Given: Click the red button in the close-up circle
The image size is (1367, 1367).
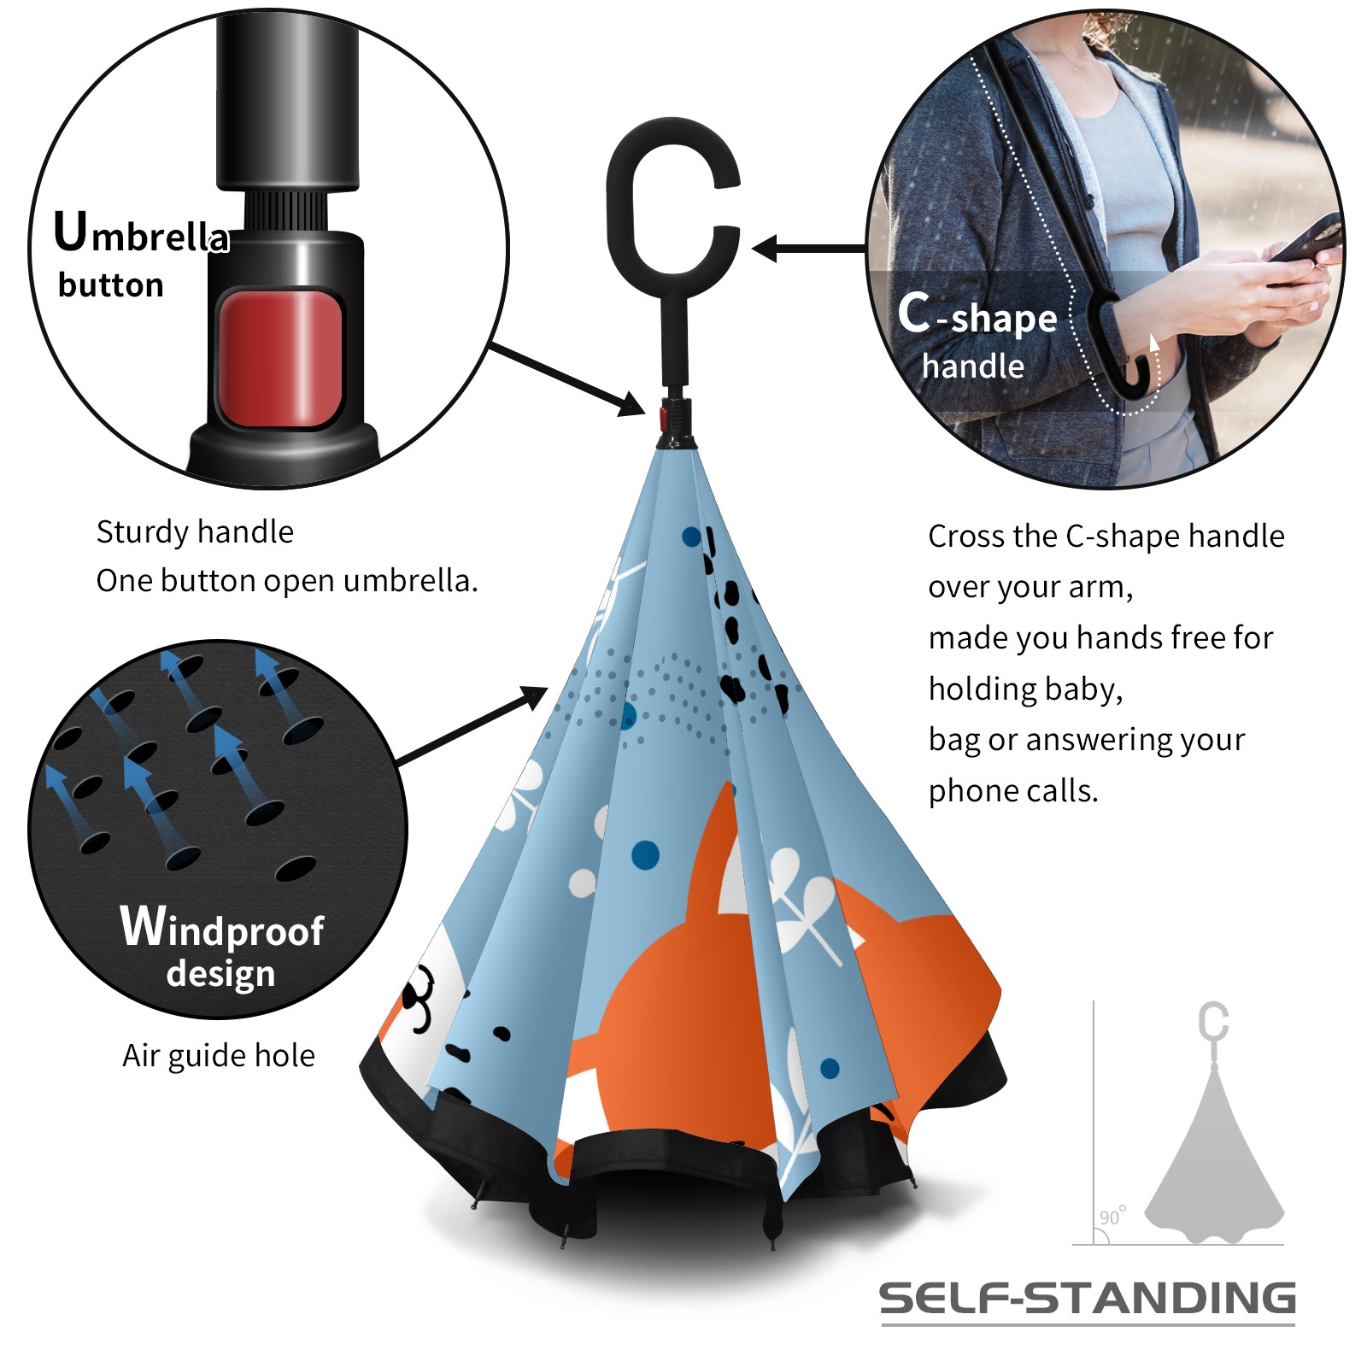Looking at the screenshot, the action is click(x=280, y=358).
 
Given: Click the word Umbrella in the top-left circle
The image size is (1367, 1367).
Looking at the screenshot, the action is click(x=142, y=232).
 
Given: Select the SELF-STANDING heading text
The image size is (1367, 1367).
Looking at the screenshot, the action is click(x=1088, y=1298).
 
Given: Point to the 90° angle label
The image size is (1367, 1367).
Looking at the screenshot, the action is click(x=1112, y=1216).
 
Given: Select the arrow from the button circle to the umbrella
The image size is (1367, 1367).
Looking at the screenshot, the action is click(x=566, y=380).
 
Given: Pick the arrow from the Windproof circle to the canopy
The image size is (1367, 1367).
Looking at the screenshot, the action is click(x=472, y=725).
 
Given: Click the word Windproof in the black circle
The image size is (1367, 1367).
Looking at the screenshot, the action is click(x=222, y=927).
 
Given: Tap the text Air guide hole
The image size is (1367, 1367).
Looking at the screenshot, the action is click(x=219, y=1056).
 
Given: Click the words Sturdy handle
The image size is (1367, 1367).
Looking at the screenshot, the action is click(x=195, y=531).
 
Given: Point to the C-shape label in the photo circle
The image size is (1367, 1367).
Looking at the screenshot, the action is click(x=977, y=314).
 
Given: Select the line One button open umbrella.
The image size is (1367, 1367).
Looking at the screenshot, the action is click(x=287, y=581).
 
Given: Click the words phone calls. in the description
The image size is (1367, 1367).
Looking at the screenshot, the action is click(x=1013, y=791).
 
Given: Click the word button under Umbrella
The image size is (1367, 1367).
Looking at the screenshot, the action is click(x=111, y=285).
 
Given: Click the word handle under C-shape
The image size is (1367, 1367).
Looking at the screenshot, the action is click(x=973, y=367).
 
